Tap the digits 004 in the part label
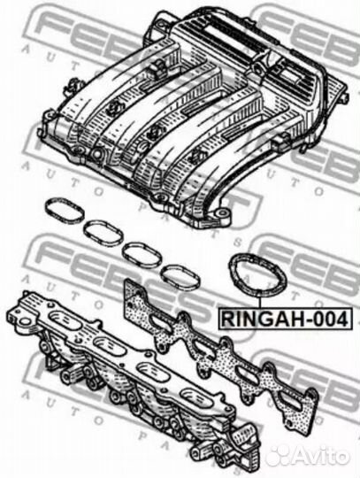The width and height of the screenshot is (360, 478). pyautogui.click(x=329, y=318)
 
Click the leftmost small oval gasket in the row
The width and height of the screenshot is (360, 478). pyautogui.click(x=62, y=210)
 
